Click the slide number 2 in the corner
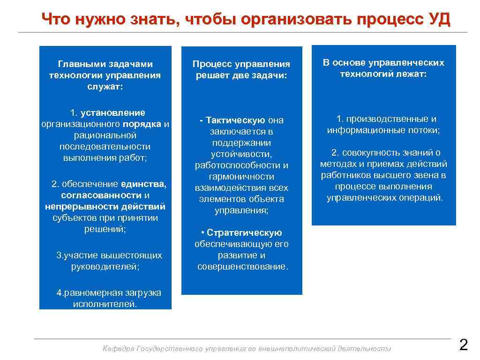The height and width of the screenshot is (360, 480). coord(463,346)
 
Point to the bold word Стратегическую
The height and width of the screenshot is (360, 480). coord(244,233)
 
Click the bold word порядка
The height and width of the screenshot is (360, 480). coord(142,124)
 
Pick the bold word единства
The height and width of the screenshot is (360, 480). coord(143,184)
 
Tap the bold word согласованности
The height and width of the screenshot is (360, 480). coord(101,195)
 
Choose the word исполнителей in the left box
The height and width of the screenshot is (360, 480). coord(105,304)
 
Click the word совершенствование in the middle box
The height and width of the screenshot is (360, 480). coord(242,267)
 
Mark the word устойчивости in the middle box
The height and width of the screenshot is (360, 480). coord(241,154)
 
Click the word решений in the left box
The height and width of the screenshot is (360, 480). coord(105,229)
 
